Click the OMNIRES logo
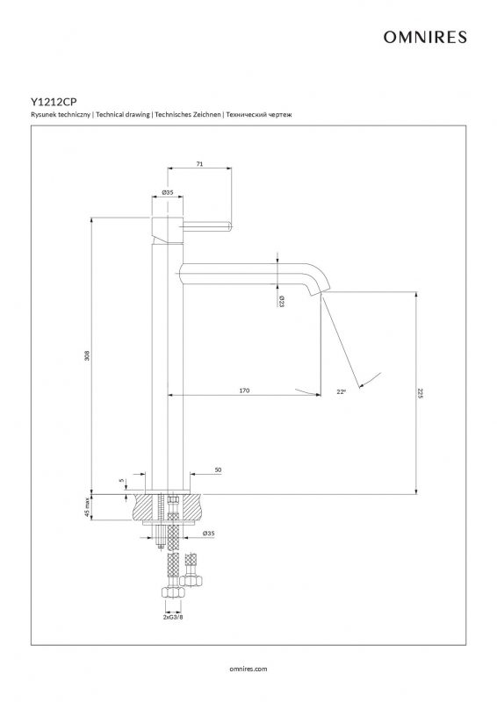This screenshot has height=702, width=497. pos(425,37)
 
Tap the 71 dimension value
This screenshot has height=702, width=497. pos(199,164)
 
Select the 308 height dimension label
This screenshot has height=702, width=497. pos(87,355)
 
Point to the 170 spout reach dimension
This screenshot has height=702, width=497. pos(244,390)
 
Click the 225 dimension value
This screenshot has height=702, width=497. pos(420,393)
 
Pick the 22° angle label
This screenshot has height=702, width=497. pos(342,391)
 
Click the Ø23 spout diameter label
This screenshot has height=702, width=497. pos(282,301)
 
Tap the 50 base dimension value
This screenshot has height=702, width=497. pos(219,470)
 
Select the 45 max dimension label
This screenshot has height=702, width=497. pos(87,507)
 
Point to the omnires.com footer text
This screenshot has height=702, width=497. pos(248,669)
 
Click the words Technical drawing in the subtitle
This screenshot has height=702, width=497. pos(123,115)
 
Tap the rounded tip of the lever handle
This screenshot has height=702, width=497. pos(230,226)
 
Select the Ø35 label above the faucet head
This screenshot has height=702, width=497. pos(167,192)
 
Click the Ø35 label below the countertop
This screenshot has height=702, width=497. pos(208,534)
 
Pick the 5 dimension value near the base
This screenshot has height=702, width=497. pos(122,480)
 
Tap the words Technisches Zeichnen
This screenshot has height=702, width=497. pos(188,115)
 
